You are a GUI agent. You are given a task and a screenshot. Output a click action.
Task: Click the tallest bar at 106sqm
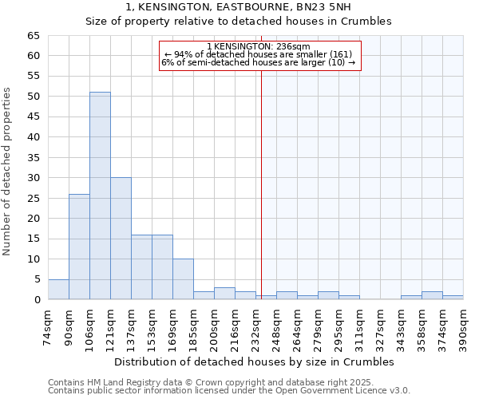[x=100, y=196]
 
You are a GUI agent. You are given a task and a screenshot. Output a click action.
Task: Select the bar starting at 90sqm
[x=79, y=247]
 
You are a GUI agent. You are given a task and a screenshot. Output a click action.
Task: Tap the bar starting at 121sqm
[x=121, y=239]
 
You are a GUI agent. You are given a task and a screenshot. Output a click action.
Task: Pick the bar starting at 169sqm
[x=183, y=279]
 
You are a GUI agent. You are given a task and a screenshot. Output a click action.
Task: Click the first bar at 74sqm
[x=58, y=290]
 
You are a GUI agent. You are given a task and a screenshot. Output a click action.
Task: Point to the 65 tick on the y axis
[x=34, y=36]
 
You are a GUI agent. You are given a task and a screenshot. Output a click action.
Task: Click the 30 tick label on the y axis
[x=34, y=178]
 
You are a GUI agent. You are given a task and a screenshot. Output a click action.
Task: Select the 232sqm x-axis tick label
[x=255, y=327]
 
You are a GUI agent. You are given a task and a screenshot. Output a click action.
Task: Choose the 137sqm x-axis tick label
[x=131, y=327]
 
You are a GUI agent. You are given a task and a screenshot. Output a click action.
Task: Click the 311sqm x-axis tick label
[x=359, y=327]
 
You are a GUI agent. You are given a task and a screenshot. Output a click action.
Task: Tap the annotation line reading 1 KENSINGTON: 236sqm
[x=259, y=47]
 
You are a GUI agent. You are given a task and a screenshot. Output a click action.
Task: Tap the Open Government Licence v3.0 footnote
[x=228, y=391]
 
